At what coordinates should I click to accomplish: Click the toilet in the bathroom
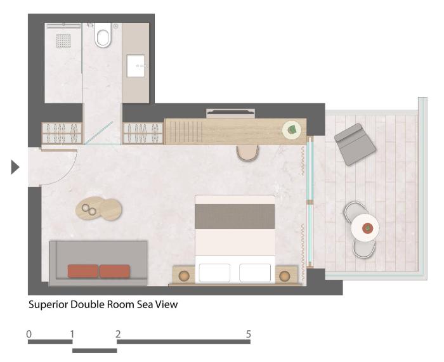tap(103, 36)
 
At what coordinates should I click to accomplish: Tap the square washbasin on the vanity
tap(136, 66)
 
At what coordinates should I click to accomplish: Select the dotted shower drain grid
tap(63, 41)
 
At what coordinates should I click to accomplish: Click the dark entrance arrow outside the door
tap(15, 167)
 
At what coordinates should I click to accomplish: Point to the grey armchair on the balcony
tap(355, 144)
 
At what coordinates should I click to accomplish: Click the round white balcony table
tap(365, 228)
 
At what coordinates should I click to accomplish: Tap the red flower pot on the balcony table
tap(367, 228)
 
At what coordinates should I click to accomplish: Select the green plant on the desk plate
tap(292, 129)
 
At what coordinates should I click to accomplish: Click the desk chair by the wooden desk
tap(247, 153)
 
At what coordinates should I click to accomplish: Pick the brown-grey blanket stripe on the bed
tap(235, 216)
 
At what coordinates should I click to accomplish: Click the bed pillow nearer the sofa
tap(214, 273)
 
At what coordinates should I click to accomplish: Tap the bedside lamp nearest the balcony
tap(284, 276)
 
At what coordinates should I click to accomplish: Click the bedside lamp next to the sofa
tap(184, 276)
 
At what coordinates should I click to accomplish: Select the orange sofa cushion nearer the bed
tap(115, 271)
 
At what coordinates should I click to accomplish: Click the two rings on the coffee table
tap(89, 210)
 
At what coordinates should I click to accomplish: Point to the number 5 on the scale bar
tap(249, 334)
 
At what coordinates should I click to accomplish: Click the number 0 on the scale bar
tap(29, 334)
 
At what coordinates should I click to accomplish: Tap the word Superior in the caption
tap(48, 304)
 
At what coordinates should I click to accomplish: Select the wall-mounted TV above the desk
tap(231, 113)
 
